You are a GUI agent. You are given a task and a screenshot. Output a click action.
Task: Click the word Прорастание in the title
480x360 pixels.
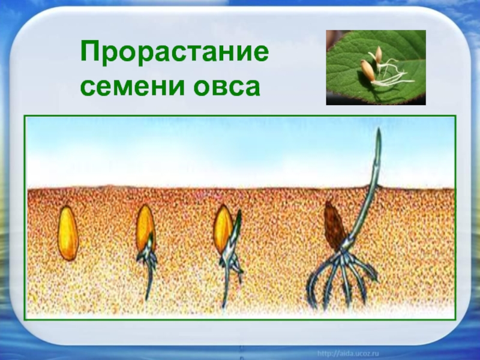[x=175, y=53]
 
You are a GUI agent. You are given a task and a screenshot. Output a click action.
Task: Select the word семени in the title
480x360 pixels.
[x=132, y=86]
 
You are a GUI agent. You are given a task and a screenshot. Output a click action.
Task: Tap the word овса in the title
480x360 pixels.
[x=227, y=86]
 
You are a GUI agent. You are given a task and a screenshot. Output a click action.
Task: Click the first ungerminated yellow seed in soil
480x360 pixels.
[x=68, y=233]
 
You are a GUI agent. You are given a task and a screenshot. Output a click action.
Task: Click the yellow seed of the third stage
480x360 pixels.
[x=223, y=228]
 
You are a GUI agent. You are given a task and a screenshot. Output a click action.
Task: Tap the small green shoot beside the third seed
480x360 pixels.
[x=236, y=225]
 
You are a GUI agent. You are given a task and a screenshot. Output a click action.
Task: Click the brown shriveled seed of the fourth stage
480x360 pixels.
[x=335, y=226]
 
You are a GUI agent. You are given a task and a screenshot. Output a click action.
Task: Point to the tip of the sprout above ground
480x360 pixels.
[x=379, y=128]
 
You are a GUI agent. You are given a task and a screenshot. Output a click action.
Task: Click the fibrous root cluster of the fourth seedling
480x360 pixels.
[x=341, y=278]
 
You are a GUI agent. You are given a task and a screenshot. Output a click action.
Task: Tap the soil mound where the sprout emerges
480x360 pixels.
[x=370, y=186]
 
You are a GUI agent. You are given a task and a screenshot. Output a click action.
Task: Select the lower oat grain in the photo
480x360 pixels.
[x=367, y=70]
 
